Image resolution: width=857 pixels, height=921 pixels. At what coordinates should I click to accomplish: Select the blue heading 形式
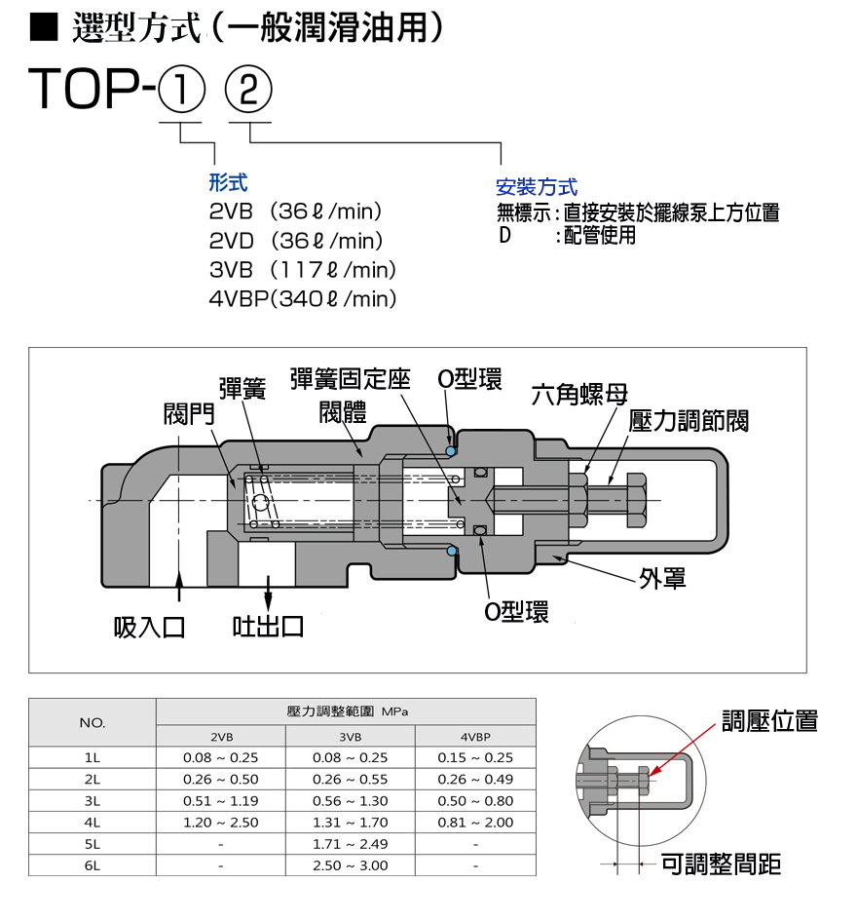click(x=228, y=182)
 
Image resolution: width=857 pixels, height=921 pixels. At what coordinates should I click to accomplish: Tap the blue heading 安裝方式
click(x=537, y=187)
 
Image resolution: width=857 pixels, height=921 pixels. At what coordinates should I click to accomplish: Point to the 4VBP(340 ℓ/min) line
click(x=303, y=299)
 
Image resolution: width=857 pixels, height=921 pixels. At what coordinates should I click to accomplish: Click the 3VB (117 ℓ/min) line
click(x=303, y=270)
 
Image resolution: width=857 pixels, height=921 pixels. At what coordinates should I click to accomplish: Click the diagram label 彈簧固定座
click(x=351, y=380)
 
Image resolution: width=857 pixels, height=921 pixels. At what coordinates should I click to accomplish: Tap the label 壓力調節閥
click(x=689, y=421)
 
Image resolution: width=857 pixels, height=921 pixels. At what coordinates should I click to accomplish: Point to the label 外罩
click(x=663, y=579)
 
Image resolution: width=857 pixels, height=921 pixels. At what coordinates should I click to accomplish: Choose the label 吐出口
click(x=268, y=626)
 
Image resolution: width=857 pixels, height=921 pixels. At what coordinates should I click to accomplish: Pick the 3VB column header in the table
click(x=350, y=737)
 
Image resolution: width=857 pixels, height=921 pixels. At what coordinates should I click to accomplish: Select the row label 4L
click(x=93, y=822)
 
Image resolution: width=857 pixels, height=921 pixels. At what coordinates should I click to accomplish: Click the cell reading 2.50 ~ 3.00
click(x=350, y=864)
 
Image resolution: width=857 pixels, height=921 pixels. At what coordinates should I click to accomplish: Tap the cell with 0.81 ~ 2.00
click(x=475, y=822)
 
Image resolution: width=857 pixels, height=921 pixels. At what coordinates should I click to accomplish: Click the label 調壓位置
click(x=769, y=721)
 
